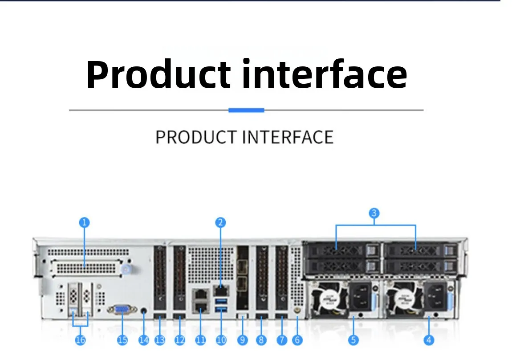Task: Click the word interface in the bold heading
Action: coord(324,74)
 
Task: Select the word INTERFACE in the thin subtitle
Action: coord(288,137)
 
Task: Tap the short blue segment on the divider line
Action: coord(246,110)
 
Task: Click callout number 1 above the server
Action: coord(84,222)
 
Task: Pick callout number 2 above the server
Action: coord(220,222)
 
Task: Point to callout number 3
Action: coord(374,213)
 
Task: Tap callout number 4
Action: coord(429,340)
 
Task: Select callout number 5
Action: coord(353,340)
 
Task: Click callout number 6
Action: coord(297,340)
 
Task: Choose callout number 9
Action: coord(242,340)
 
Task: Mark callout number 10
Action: coord(221,340)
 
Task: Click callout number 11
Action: coord(201,340)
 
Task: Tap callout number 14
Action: coord(143,340)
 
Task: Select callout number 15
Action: coord(122,340)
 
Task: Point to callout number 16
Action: coord(81,340)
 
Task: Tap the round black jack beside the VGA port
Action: coord(143,311)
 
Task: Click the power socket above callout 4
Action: coord(435,295)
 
